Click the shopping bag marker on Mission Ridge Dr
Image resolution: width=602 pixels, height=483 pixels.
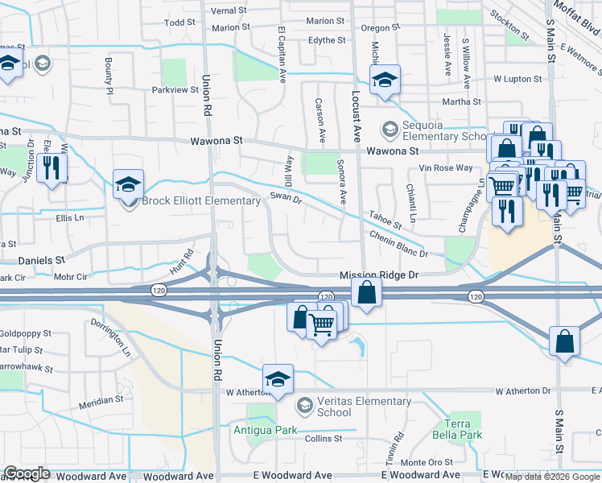pos(366,293)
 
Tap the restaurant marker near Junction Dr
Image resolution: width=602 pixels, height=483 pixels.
pos(52,167)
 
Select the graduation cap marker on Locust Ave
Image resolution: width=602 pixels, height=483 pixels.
pos(386,79)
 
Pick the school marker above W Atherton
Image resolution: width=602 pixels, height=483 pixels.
pos(278,378)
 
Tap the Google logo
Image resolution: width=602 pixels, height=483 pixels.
pos(27,473)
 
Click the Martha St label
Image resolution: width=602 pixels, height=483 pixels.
pos(461,102)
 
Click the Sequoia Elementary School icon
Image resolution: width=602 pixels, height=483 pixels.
pos(390,129)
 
